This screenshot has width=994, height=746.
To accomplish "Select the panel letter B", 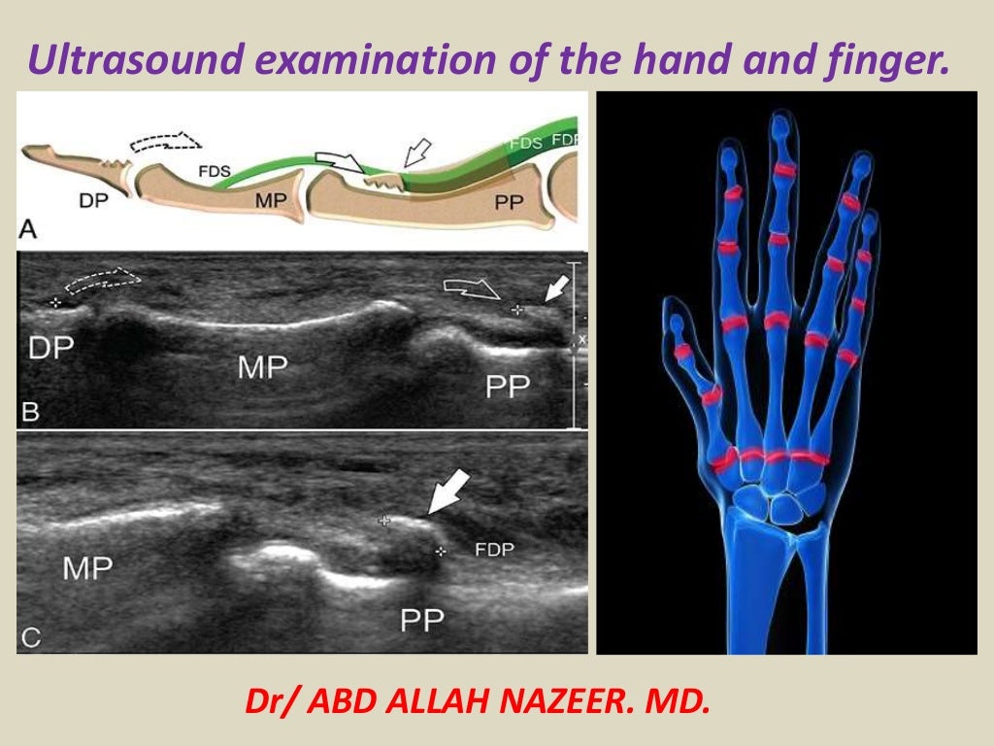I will [30, 412].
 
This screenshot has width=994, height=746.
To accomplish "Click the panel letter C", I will [31, 637].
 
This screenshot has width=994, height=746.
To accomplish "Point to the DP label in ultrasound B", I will [51, 347].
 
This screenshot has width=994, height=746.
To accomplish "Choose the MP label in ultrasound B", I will [263, 366].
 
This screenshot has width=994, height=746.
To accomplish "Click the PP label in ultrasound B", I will [508, 388].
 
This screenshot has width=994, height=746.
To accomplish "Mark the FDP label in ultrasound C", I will [493, 549].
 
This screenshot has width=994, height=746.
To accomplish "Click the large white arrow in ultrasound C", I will [448, 492].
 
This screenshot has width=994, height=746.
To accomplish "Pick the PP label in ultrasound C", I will [422, 618].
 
